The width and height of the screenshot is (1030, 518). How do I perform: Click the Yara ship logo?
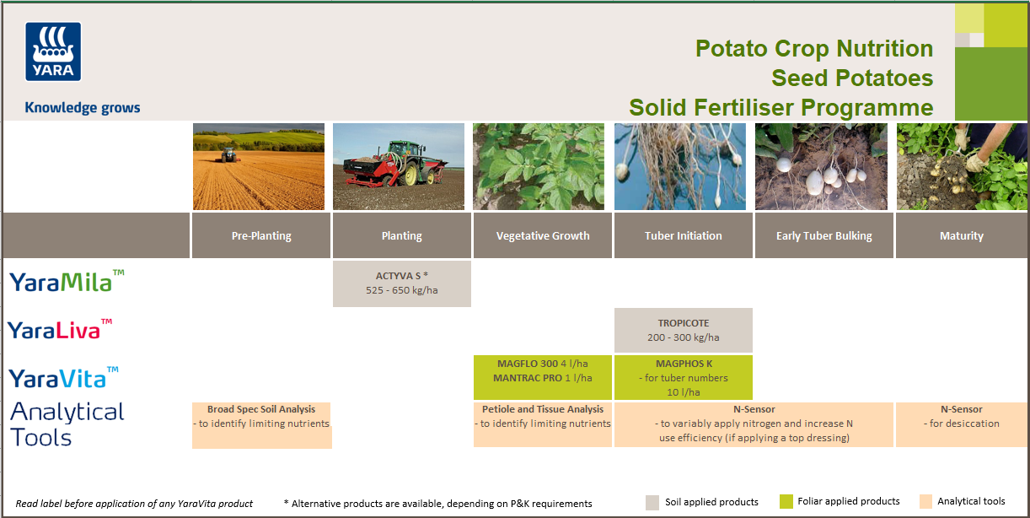click(53, 51)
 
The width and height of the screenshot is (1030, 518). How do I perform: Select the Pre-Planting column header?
click(261, 235)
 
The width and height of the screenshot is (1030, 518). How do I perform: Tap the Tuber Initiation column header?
click(683, 235)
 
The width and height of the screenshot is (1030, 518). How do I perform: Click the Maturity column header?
click(961, 235)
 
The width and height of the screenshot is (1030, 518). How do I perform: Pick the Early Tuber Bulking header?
click(823, 235)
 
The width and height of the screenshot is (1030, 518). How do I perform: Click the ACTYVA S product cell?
click(402, 283)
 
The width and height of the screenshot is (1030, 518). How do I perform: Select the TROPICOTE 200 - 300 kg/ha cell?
click(683, 330)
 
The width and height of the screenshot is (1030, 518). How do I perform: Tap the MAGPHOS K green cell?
click(683, 377)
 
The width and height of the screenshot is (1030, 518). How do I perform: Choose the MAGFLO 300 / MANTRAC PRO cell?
click(543, 371)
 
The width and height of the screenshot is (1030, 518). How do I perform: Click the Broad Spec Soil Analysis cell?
click(261, 424)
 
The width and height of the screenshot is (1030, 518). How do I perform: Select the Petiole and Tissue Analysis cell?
click(543, 417)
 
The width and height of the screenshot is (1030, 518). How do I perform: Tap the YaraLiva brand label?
click(60, 329)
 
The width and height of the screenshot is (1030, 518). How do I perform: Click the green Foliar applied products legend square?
click(786, 502)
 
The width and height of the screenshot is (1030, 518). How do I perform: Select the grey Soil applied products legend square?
click(652, 502)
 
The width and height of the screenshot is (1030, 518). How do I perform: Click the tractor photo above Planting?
click(399, 166)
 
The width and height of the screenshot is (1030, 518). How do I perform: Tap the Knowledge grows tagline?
click(83, 108)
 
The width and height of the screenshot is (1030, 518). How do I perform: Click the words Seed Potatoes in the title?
click(851, 78)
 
